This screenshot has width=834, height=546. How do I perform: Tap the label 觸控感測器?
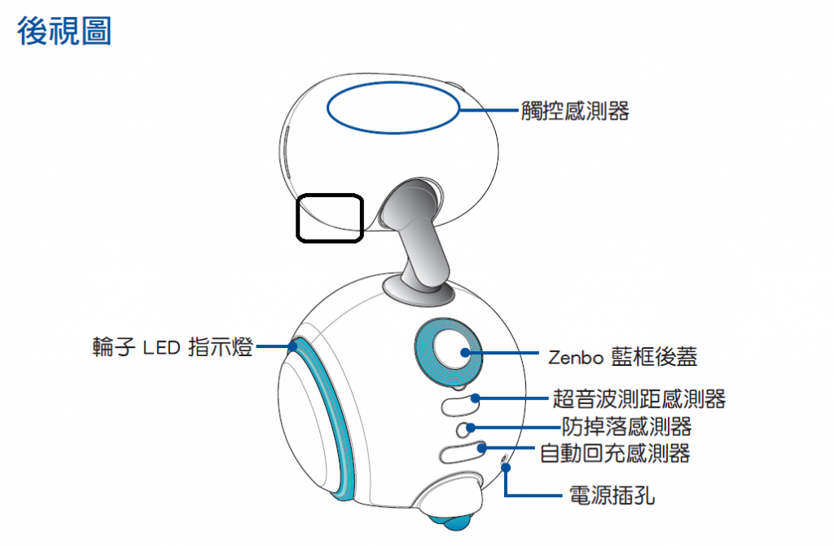point(575,112)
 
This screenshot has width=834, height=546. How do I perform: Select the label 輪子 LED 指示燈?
point(173,348)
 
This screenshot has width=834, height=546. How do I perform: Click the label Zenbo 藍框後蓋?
point(622,356)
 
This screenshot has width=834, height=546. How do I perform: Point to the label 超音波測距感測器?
point(639,399)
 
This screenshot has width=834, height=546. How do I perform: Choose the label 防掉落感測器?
point(626,425)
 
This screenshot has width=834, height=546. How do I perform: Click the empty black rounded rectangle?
point(329,218)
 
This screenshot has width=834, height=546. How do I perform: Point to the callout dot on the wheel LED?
point(291,346)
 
